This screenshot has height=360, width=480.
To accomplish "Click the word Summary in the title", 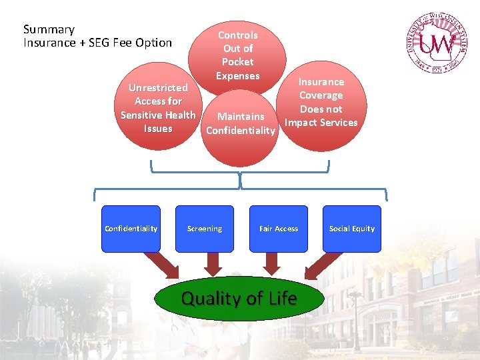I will pyautogui.click(x=49, y=29).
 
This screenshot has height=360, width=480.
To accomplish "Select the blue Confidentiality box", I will pyautogui.click(x=131, y=229).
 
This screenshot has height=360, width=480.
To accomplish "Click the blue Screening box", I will pyautogui.click(x=205, y=229).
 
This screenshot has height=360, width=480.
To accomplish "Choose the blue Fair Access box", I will pyautogui.click(x=279, y=229).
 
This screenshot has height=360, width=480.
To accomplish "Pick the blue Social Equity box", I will pyautogui.click(x=352, y=229).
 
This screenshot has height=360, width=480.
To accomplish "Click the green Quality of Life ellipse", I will pyautogui.click(x=239, y=299).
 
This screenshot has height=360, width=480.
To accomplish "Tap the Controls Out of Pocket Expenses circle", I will pyautogui.click(x=238, y=55).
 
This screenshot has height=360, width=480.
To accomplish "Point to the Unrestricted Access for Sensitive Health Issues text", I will pyautogui.click(x=158, y=108).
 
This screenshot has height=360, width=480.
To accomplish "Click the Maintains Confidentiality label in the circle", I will pyautogui.click(x=240, y=123).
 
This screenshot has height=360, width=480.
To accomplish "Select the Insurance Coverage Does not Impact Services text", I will pyautogui.click(x=321, y=102).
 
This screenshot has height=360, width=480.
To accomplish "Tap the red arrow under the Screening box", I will pyautogui.click(x=213, y=264).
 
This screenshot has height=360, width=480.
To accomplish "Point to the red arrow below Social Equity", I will pyautogui.click(x=319, y=265).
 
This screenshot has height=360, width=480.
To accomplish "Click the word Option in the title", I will pyautogui.click(x=153, y=43).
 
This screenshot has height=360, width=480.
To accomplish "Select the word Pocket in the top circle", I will pyautogui.click(x=238, y=62).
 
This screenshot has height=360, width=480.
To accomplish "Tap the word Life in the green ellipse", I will pyautogui.click(x=282, y=298).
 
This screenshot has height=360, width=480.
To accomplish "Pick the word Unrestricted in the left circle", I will pyautogui.click(x=158, y=87).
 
